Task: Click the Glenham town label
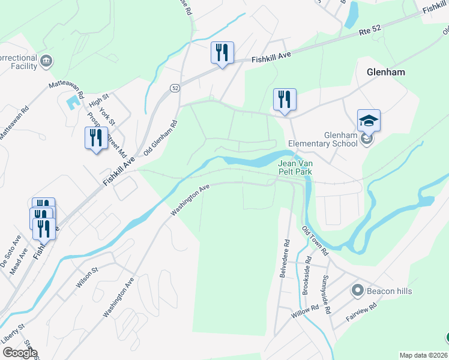tap(385, 72)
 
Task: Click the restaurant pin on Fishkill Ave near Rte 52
tap(222, 53)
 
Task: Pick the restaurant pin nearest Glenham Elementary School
tap(285, 100)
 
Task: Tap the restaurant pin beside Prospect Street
tap(95, 138)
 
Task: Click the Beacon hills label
tap(390, 291)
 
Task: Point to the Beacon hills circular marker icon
tap(358, 291)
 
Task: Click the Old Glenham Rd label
tap(160, 137)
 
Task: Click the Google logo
tap(20, 353)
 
